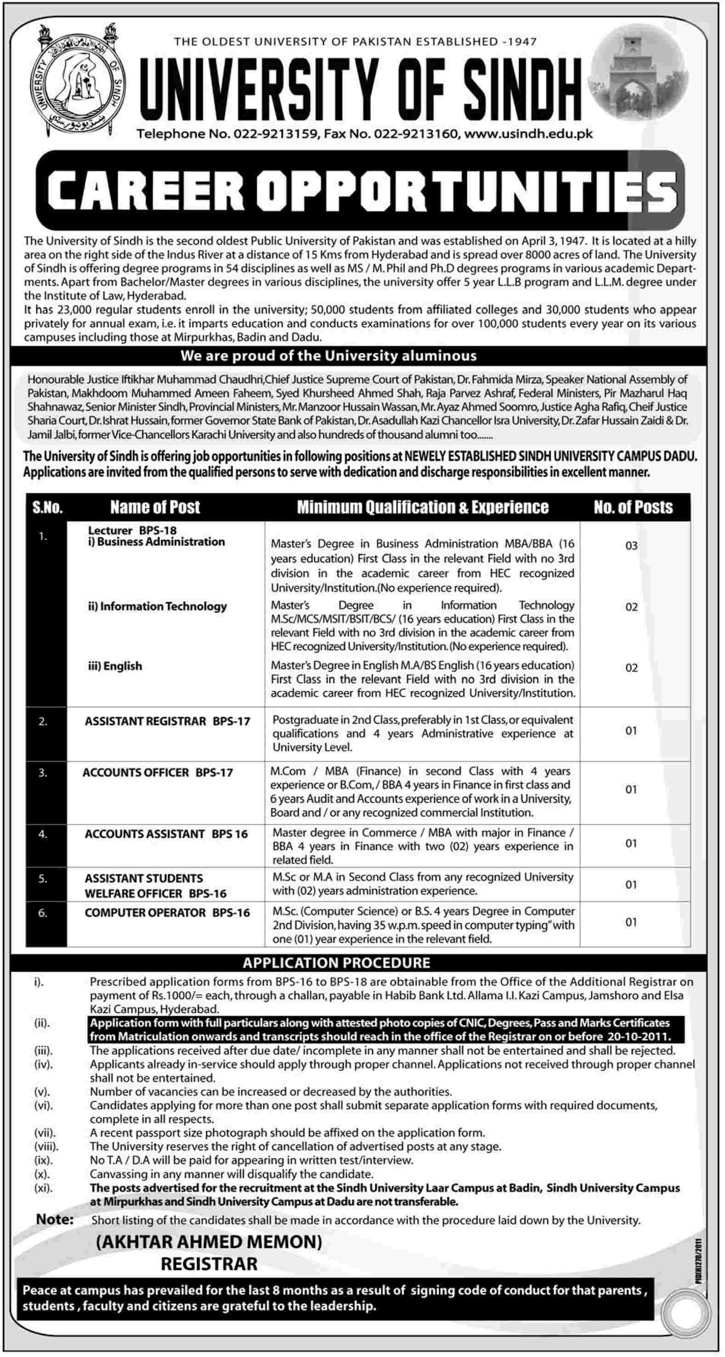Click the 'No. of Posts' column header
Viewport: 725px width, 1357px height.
click(633, 507)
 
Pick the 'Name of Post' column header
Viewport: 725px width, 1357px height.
click(155, 507)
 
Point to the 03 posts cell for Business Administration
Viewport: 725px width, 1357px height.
click(631, 546)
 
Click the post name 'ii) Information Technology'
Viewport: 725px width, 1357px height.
click(157, 606)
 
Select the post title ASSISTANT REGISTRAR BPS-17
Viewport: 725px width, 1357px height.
click(167, 721)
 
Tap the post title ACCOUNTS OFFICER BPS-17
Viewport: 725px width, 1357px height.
click(158, 772)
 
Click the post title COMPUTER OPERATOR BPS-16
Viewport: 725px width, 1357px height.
click(167, 913)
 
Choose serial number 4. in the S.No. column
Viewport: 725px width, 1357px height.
click(43, 834)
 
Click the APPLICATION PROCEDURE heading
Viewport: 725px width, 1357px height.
click(336, 963)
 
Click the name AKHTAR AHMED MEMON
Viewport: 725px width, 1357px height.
click(209, 1242)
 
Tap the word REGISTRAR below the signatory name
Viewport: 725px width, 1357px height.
click(209, 1264)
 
